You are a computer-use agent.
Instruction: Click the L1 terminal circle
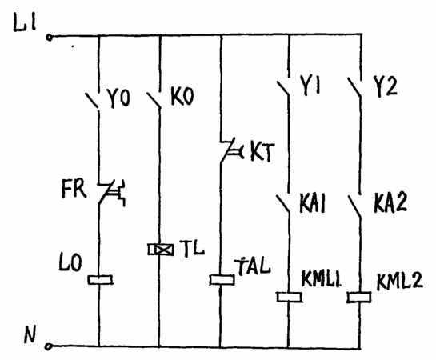click(x=50, y=38)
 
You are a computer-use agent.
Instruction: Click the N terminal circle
click(x=49, y=346)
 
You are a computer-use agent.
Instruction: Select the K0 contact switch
click(x=154, y=100)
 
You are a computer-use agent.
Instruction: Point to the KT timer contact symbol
click(x=230, y=150)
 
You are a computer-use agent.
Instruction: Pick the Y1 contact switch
click(x=284, y=86)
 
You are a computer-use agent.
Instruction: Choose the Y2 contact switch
click(x=355, y=86)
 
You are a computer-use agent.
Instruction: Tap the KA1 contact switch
click(x=284, y=203)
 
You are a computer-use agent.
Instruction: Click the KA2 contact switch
click(x=355, y=205)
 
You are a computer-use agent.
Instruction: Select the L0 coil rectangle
click(x=100, y=280)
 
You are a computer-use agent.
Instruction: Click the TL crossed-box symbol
click(x=161, y=250)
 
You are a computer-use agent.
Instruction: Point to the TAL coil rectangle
click(x=222, y=280)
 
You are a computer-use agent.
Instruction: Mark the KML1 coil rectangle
click(x=290, y=297)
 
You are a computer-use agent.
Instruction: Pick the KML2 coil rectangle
click(x=359, y=297)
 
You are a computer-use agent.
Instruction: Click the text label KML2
click(x=399, y=282)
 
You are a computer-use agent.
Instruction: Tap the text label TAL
click(x=253, y=266)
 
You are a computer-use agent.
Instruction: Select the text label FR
click(x=74, y=189)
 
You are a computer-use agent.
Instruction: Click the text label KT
click(x=262, y=152)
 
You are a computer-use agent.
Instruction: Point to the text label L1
click(x=25, y=24)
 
